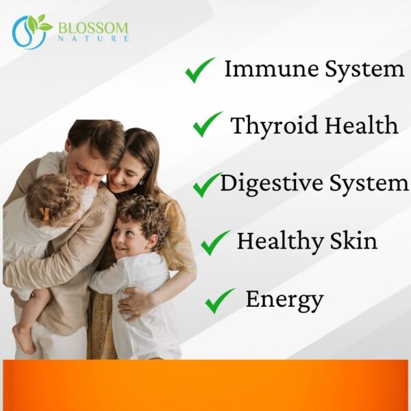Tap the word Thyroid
click(266, 126)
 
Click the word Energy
click(284, 299)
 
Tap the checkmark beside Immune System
click(199, 71)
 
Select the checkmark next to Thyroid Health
click(207, 125)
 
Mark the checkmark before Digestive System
click(206, 184)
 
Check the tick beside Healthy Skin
click(215, 242)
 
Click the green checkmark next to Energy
click(219, 301)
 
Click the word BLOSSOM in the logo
click(93, 28)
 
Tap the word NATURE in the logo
click(93, 39)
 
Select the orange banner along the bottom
click(206, 385)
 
